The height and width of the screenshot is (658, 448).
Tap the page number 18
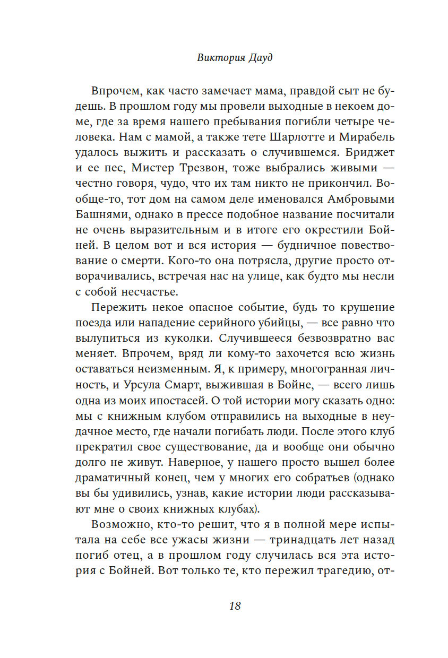pyautogui.click(x=235, y=605)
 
